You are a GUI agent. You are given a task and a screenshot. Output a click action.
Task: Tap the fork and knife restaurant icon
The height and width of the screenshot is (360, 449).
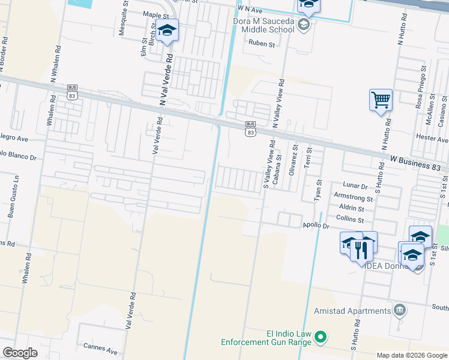tap(361, 248)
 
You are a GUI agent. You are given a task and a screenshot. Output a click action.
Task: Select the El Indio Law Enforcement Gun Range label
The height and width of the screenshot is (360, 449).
tap(266, 338)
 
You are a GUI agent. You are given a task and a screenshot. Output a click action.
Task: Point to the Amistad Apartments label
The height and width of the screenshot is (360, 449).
tap(352, 311)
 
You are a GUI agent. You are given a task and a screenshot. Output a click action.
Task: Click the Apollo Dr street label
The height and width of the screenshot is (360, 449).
tap(315, 226)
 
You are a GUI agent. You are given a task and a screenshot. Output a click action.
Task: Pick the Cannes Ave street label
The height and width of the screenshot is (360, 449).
tap(101, 347)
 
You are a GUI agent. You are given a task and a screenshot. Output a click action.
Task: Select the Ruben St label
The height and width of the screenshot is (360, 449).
tap(262, 44)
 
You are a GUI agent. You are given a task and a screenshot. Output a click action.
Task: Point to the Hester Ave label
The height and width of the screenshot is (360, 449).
tap(432, 138)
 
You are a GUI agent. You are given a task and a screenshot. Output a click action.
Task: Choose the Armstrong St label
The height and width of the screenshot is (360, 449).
tap(354, 197)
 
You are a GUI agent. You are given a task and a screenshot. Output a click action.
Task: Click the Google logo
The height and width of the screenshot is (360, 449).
tap(20, 353)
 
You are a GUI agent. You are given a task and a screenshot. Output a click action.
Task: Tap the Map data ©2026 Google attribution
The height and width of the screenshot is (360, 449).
tap(411, 355)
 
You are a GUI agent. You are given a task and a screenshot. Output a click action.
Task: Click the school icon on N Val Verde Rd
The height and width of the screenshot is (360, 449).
tap(167, 29)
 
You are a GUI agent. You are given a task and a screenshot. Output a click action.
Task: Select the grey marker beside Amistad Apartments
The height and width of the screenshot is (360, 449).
tap(399, 310)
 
